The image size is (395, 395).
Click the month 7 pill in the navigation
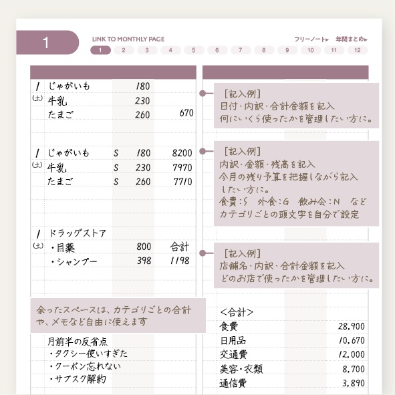pyautogui.click(x=241, y=50)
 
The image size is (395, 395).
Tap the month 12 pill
pyautogui.click(x=358, y=50)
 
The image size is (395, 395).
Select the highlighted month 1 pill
pyautogui.click(x=100, y=50)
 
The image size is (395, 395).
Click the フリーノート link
pyautogui.click(x=311, y=39)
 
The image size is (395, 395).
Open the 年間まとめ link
pyautogui.click(x=352, y=39)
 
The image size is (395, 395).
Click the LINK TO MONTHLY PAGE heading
pyautogui.click(x=128, y=39)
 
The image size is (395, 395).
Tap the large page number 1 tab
pyautogui.click(x=45, y=43)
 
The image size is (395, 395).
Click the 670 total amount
pyautogui.click(x=186, y=114)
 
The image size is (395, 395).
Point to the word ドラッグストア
pyautogui.click(x=77, y=233)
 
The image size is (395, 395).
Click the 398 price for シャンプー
pyautogui.click(x=144, y=261)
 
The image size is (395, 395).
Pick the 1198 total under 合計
pyautogui.click(x=180, y=261)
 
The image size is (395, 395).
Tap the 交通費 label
pyautogui.click(x=233, y=354)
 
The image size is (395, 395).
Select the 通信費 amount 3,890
pyautogui.click(x=353, y=383)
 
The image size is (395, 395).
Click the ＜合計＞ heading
pyautogui.click(x=237, y=311)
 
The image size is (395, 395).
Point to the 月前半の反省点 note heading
pyautogui.click(x=77, y=340)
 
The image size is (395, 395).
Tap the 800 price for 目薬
pyautogui.click(x=144, y=247)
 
